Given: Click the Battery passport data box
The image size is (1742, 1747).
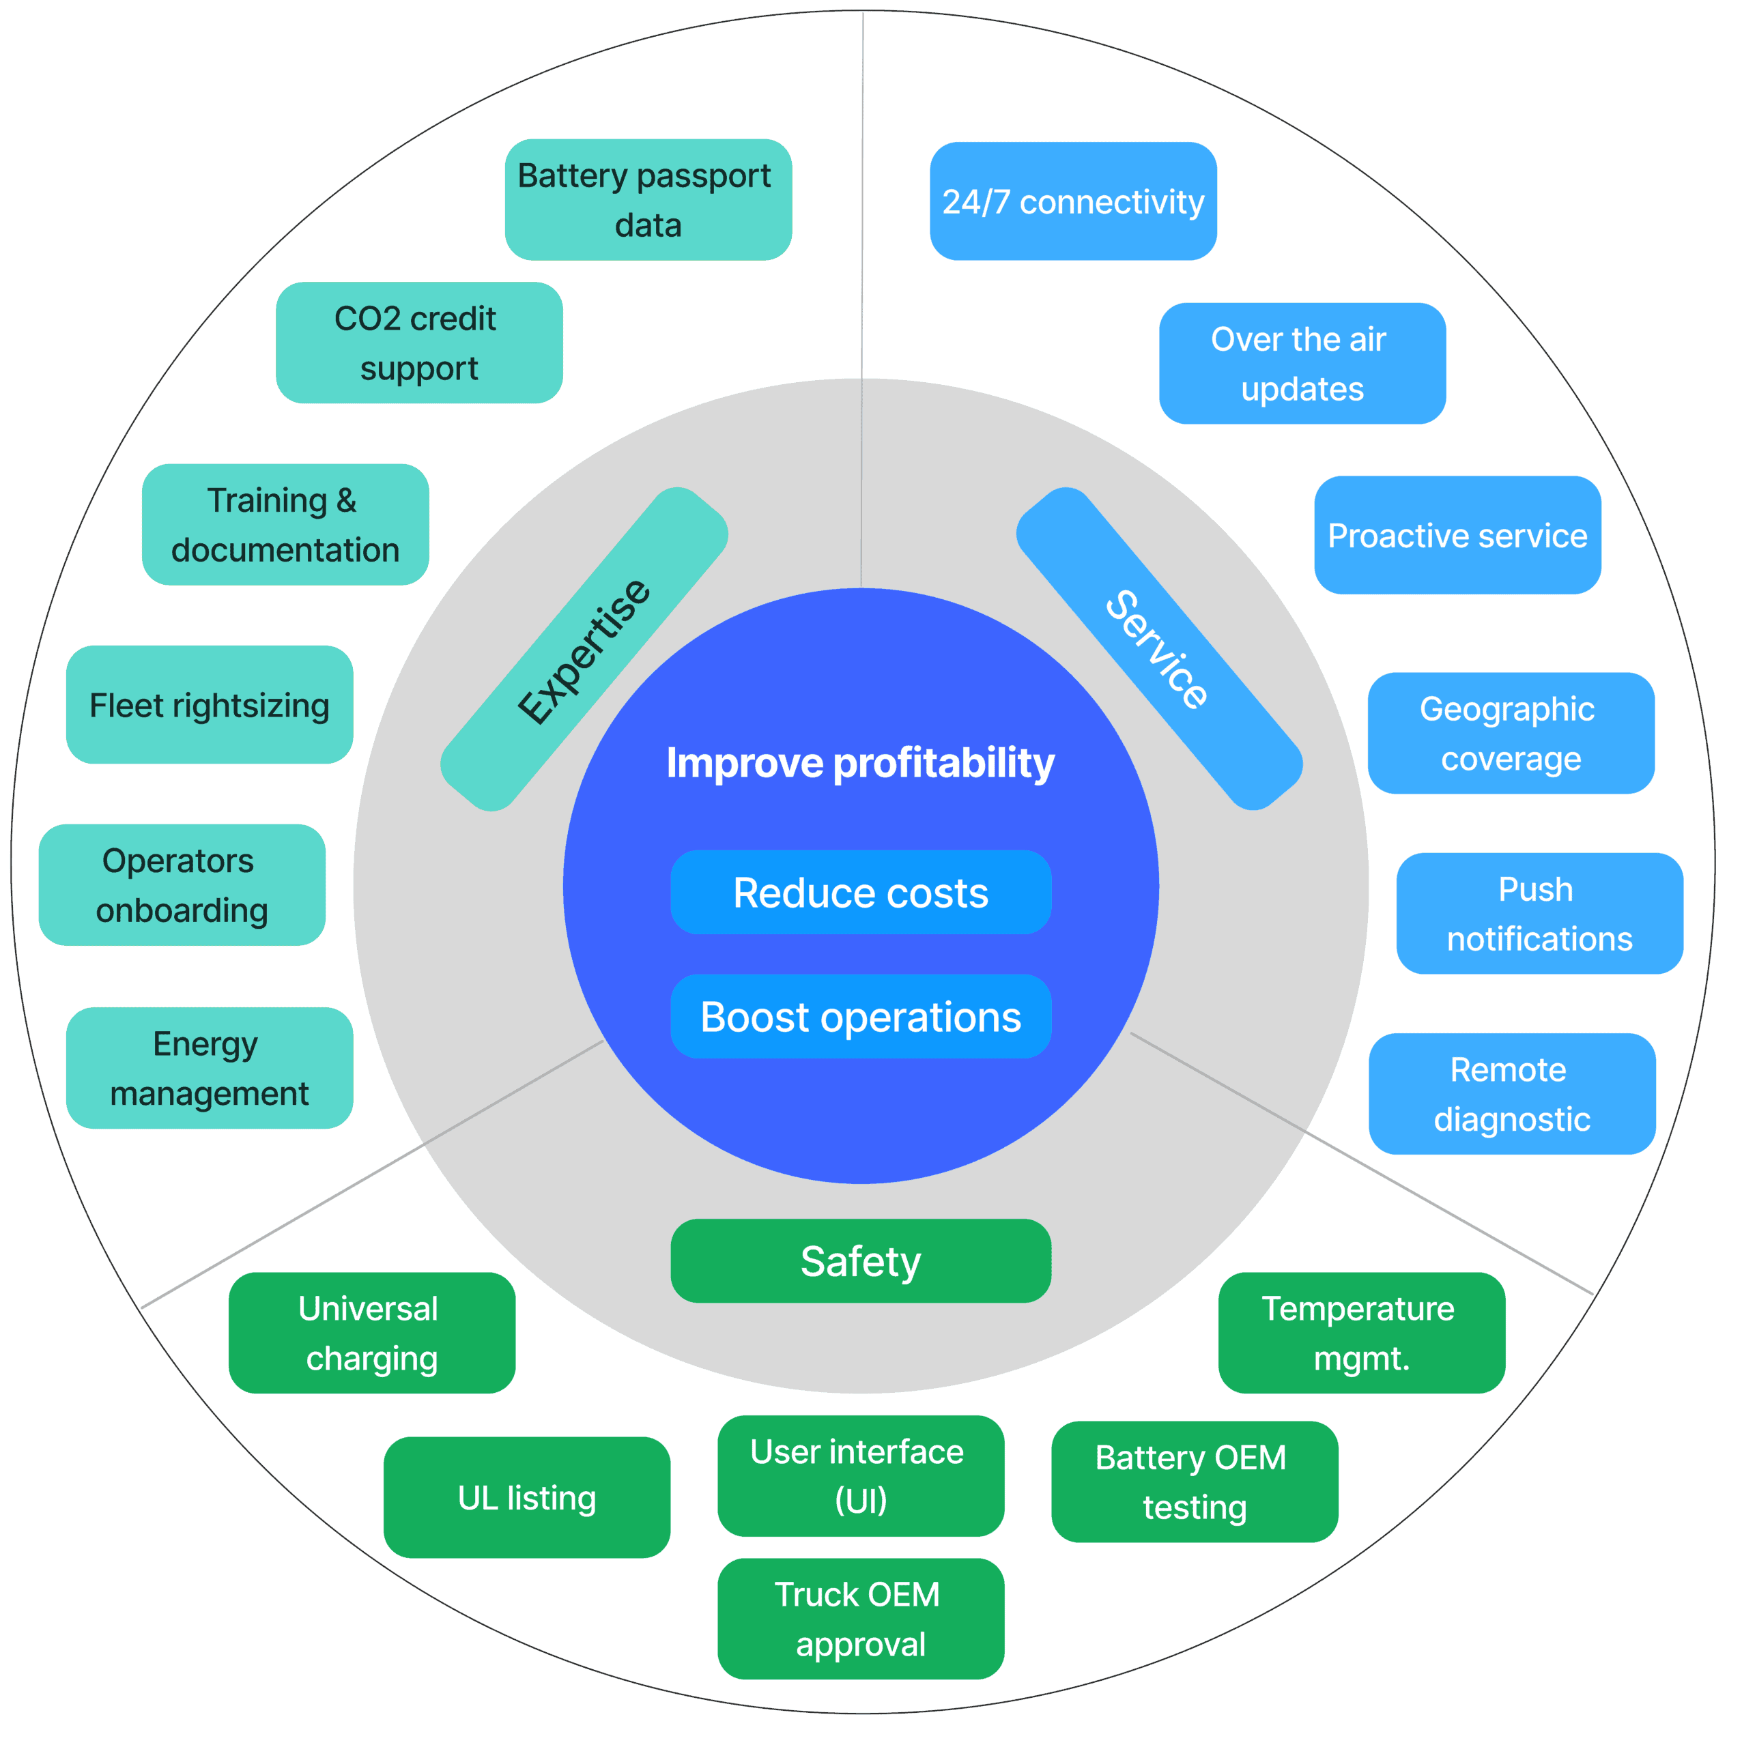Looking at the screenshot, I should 648,200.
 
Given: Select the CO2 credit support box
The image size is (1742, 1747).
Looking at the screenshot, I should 418,343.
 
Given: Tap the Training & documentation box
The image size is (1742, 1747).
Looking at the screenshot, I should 285,525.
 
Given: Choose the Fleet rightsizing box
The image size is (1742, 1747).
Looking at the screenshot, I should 209,704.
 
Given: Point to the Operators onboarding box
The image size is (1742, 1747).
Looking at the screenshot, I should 182,884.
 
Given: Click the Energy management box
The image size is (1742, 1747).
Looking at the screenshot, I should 209,1068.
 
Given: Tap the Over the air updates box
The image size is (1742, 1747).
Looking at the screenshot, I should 1302,364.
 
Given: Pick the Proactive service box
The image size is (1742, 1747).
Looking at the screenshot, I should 1457,535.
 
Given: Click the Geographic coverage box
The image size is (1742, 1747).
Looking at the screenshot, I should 1511,734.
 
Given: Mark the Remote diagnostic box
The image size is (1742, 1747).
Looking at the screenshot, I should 1511,1094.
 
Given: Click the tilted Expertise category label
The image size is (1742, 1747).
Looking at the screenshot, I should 584,649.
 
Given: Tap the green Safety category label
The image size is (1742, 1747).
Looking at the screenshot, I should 860,1260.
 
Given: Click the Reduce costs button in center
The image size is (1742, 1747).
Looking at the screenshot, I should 860,893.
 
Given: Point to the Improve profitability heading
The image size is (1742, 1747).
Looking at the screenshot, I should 860,762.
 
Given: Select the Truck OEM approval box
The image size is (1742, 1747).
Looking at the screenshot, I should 860,1619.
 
